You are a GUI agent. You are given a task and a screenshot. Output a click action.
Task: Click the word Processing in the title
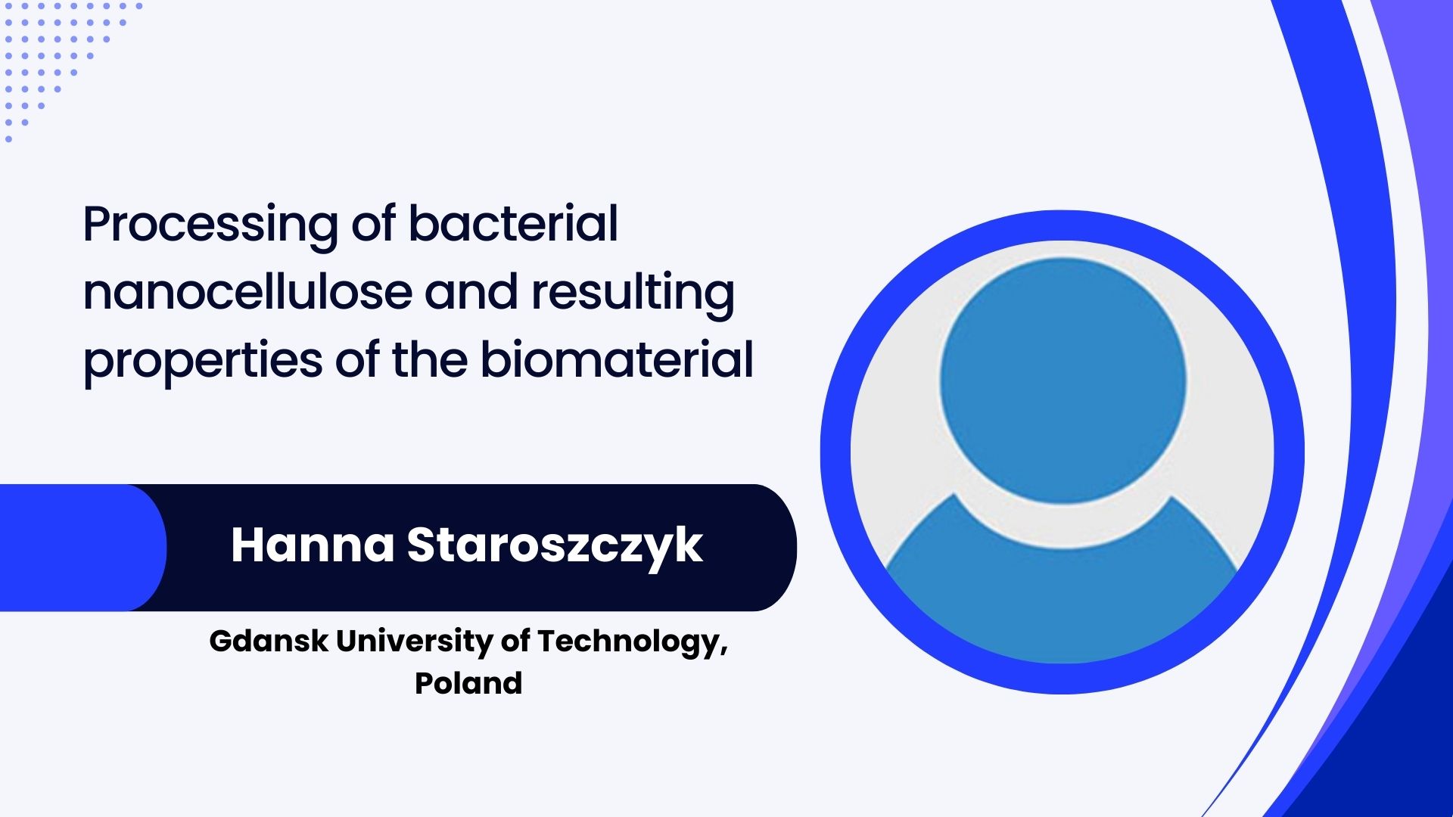click(210, 225)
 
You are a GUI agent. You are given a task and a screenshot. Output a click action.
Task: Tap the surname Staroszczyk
click(555, 546)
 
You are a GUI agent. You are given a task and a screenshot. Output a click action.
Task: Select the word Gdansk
click(269, 641)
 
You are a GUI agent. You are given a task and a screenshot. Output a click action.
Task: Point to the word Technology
click(633, 642)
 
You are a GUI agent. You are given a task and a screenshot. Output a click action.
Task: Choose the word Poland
click(468, 683)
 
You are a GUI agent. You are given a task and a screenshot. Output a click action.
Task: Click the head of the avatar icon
click(1063, 381)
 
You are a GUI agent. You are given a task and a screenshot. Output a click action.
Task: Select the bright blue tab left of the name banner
click(83, 548)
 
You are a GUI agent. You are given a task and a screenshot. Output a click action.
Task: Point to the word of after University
click(515, 641)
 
